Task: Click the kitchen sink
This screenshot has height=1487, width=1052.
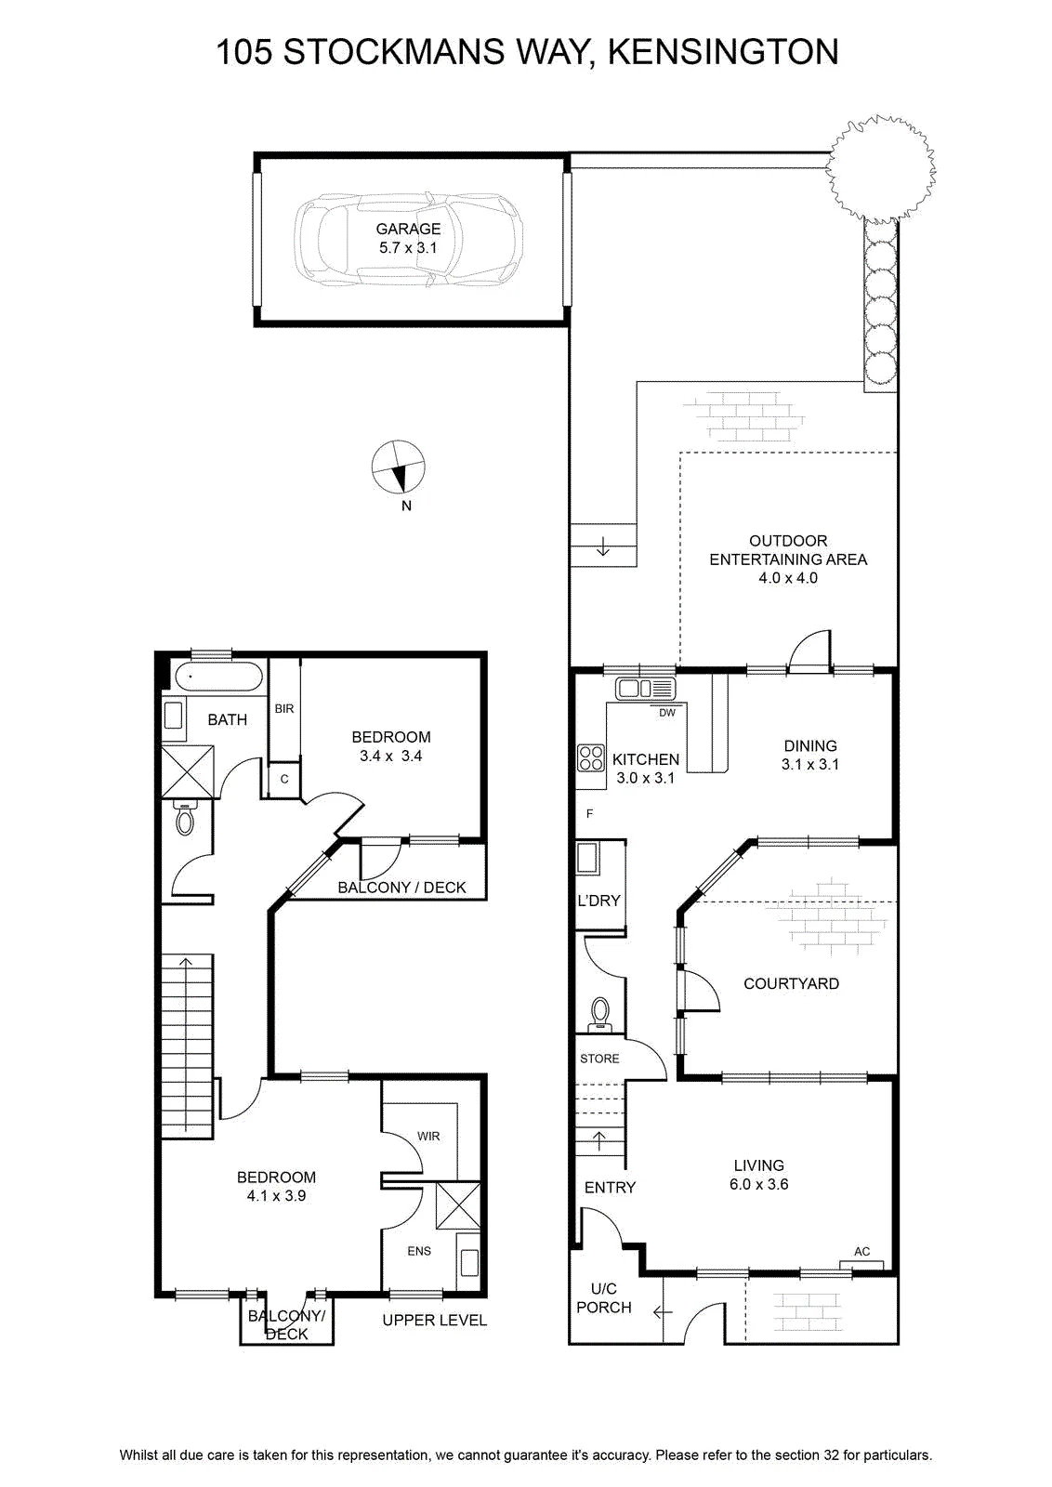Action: click(x=646, y=689)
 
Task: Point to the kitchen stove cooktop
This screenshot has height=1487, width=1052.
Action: click(x=591, y=757)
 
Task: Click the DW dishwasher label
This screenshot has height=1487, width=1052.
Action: click(x=667, y=713)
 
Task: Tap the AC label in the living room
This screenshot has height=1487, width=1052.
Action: click(x=861, y=1251)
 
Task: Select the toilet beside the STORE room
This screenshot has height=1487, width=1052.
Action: click(x=601, y=1014)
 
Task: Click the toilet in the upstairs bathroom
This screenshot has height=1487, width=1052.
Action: click(x=185, y=818)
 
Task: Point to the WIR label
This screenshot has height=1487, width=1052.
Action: click(x=428, y=1136)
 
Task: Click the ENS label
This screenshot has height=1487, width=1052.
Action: click(x=419, y=1251)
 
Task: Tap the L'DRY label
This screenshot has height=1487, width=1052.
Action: click(x=598, y=901)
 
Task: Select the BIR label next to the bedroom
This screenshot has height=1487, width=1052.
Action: click(x=284, y=708)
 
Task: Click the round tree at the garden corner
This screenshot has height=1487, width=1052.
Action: click(x=880, y=168)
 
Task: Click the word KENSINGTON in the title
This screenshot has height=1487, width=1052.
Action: click(x=723, y=52)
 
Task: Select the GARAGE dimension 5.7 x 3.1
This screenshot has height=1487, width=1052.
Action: click(x=408, y=247)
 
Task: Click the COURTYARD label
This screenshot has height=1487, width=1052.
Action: click(x=791, y=983)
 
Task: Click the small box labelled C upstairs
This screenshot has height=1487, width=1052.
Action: click(x=284, y=779)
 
